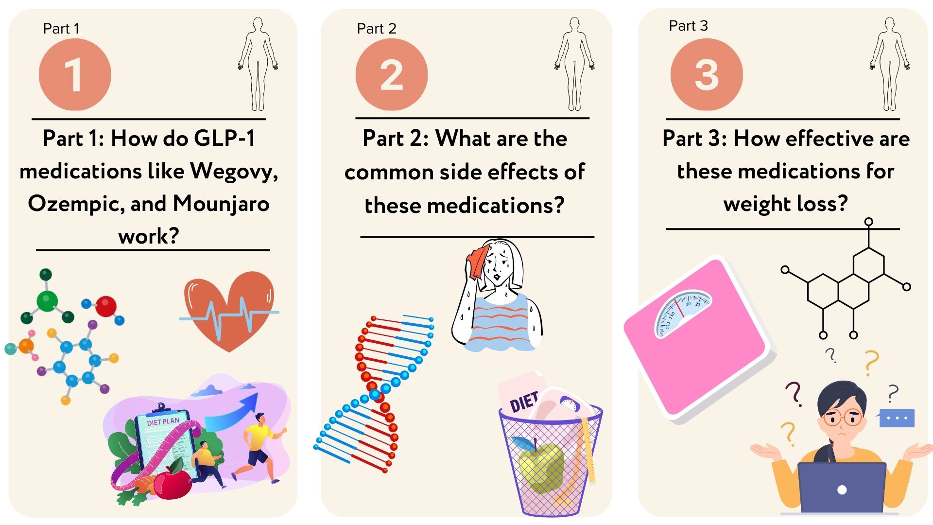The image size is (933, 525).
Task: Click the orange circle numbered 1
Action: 75,74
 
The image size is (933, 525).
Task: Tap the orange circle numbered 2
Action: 392,74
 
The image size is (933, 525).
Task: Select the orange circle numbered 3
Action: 707,74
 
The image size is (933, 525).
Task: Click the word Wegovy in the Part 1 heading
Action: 234,172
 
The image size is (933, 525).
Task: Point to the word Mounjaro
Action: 221,203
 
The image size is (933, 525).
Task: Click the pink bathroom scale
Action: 700,338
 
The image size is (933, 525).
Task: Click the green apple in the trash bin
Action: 541,467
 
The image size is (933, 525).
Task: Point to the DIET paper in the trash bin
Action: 522,396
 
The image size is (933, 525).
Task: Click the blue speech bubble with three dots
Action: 897,418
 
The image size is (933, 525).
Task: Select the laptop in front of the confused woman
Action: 842,487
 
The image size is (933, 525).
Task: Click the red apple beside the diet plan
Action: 173,483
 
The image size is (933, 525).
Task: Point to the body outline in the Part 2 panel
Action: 574,64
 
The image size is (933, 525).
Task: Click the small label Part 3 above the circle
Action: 688,26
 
